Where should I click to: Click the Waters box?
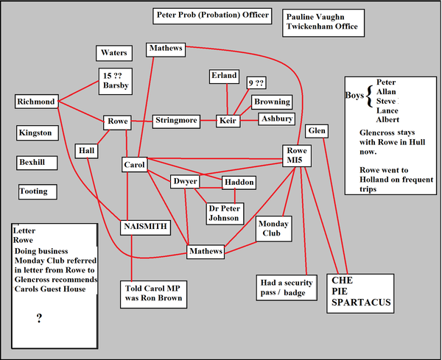pos(113,53)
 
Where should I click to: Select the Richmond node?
pos(37,102)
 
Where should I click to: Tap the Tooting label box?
pos(34,191)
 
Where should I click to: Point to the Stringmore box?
pos(176,120)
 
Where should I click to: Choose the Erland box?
pos(224,76)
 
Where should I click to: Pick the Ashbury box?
pos(276,119)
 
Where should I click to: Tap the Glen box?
pos(317,130)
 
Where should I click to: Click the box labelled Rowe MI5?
pos(296,155)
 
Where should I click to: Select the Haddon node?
pos(239,182)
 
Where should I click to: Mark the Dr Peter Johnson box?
pos(223,212)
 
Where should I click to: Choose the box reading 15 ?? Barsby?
pos(115,80)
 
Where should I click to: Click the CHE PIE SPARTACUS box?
pos(357,291)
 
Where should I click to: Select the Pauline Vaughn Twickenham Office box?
pos(323,21)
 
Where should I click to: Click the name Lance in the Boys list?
pos(387,110)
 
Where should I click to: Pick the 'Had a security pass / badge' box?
pos(287,286)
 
